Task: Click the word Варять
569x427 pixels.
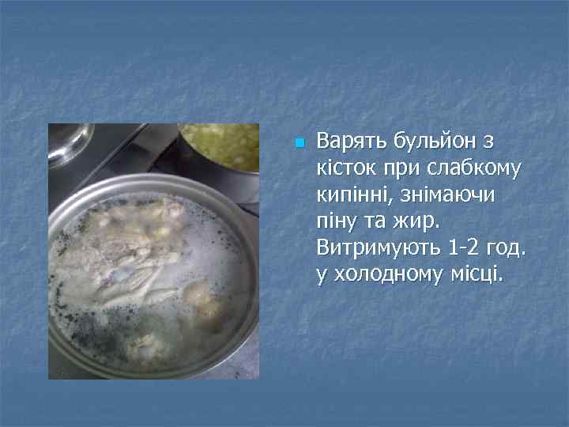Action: (x=352, y=142)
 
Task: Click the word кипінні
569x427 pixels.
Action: (x=352, y=196)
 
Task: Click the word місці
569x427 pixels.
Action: (x=477, y=276)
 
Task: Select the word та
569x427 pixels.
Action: (x=381, y=223)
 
